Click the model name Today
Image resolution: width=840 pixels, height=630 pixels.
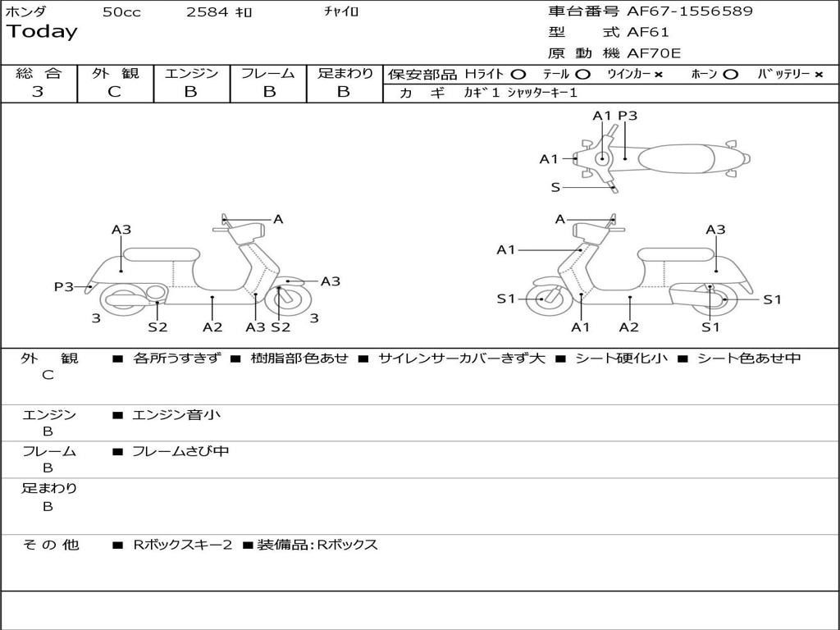coord(42,32)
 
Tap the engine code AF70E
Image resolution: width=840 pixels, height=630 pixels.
coord(654,54)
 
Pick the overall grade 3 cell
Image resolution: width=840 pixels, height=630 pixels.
coord(38,92)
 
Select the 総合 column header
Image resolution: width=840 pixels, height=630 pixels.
coord(39,73)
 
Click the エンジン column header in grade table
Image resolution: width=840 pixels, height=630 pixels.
coord(191,73)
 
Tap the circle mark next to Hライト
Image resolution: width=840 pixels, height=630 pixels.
coord(518,74)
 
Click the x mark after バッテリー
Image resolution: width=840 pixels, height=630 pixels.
coord(819,74)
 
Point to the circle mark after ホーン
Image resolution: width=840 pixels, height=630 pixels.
coord(730,74)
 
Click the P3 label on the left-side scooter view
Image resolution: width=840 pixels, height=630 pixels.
coord(64,286)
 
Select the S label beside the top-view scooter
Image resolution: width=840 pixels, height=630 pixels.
coord(555,187)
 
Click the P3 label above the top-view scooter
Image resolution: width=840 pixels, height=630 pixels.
coord(628,116)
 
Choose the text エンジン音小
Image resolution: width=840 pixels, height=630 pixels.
coord(176,415)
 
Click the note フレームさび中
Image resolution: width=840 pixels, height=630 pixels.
coord(180,451)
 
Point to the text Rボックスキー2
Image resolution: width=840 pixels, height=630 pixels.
coord(183,545)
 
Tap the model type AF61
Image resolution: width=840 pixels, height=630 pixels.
coord(648,33)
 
